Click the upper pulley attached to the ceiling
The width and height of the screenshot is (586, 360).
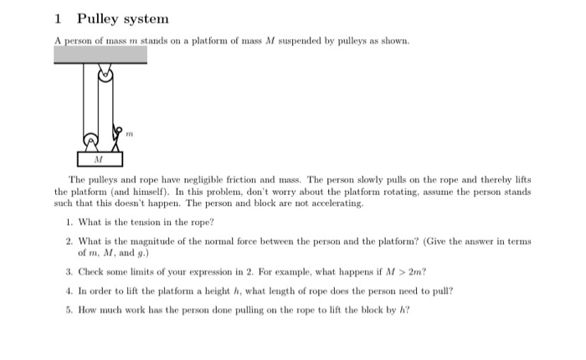click(105, 74)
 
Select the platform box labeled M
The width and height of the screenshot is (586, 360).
click(99, 158)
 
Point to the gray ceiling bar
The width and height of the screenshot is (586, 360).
click(100, 54)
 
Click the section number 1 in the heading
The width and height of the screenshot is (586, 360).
click(57, 18)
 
